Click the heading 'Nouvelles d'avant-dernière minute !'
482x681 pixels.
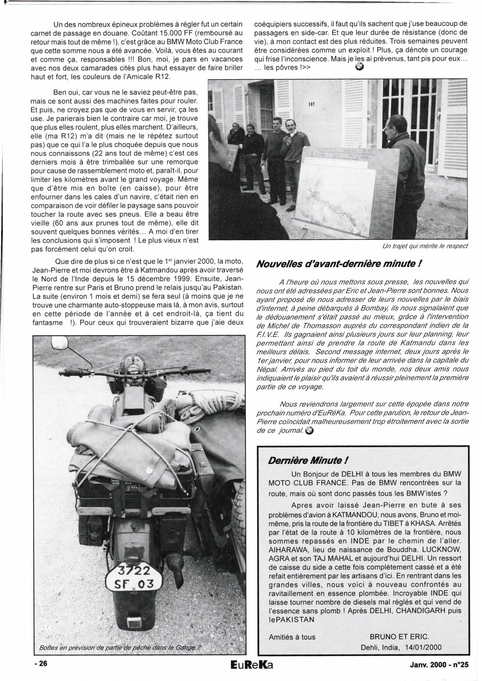coord(339,264)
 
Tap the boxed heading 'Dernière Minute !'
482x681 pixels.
coord(308,460)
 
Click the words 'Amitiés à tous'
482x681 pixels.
coord(292,637)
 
